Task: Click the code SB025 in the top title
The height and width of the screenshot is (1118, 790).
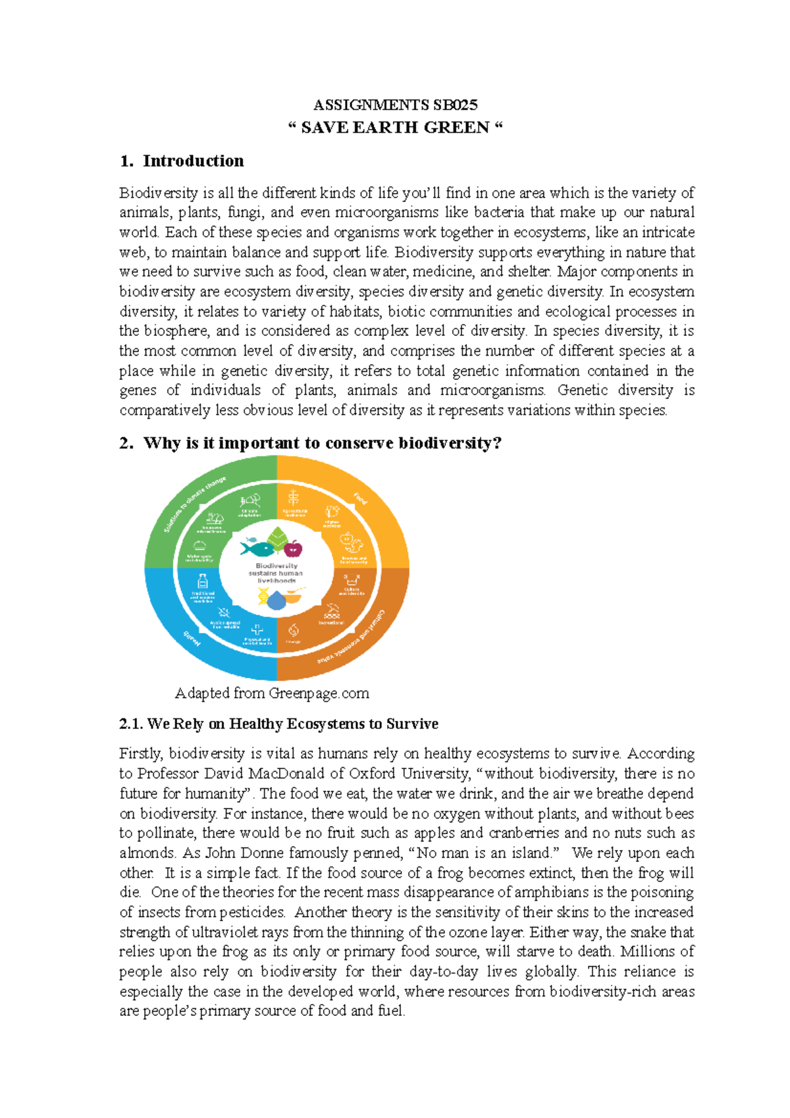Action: [455, 105]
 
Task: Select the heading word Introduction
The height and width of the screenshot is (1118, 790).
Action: [193, 161]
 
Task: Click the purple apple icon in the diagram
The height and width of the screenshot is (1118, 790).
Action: [293, 547]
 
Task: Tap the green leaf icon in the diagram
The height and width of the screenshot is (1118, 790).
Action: [276, 539]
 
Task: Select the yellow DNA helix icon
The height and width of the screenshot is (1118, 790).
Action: [263, 597]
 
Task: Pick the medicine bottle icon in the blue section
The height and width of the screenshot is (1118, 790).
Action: [203, 581]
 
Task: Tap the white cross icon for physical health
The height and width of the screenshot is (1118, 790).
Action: [257, 630]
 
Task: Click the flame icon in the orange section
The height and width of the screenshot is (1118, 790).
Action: [294, 631]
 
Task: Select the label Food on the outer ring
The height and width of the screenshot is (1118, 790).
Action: [360, 499]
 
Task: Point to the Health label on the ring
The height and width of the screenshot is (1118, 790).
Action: [191, 638]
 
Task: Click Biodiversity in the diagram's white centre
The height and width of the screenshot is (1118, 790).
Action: [276, 566]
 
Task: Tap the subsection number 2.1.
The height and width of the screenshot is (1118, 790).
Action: [131, 724]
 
